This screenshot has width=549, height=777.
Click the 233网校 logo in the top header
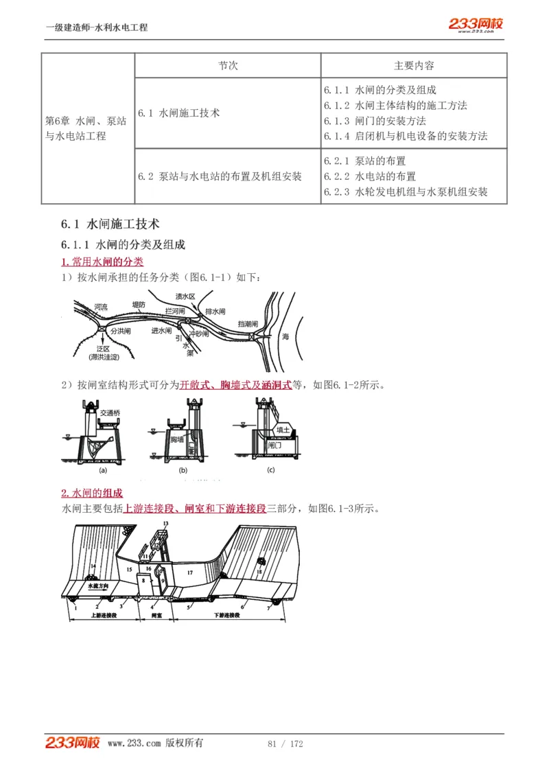[476, 25]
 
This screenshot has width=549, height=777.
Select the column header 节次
[228, 65]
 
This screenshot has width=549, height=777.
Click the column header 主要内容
[414, 65]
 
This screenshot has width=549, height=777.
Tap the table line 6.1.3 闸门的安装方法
[374, 121]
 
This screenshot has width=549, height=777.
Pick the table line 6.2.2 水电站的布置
[369, 176]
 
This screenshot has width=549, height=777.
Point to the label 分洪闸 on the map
[120, 331]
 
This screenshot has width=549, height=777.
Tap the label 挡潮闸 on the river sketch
[248, 323]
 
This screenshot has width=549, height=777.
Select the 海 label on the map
[285, 337]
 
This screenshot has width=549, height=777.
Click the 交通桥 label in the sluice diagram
[110, 413]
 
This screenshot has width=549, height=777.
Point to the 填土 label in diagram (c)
[283, 430]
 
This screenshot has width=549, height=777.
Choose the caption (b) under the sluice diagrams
[183, 471]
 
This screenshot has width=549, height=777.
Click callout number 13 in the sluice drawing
[165, 524]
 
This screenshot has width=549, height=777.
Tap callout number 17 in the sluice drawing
[190, 572]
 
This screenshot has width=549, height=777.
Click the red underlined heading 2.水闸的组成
[92, 494]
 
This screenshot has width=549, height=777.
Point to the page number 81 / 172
[285, 743]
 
